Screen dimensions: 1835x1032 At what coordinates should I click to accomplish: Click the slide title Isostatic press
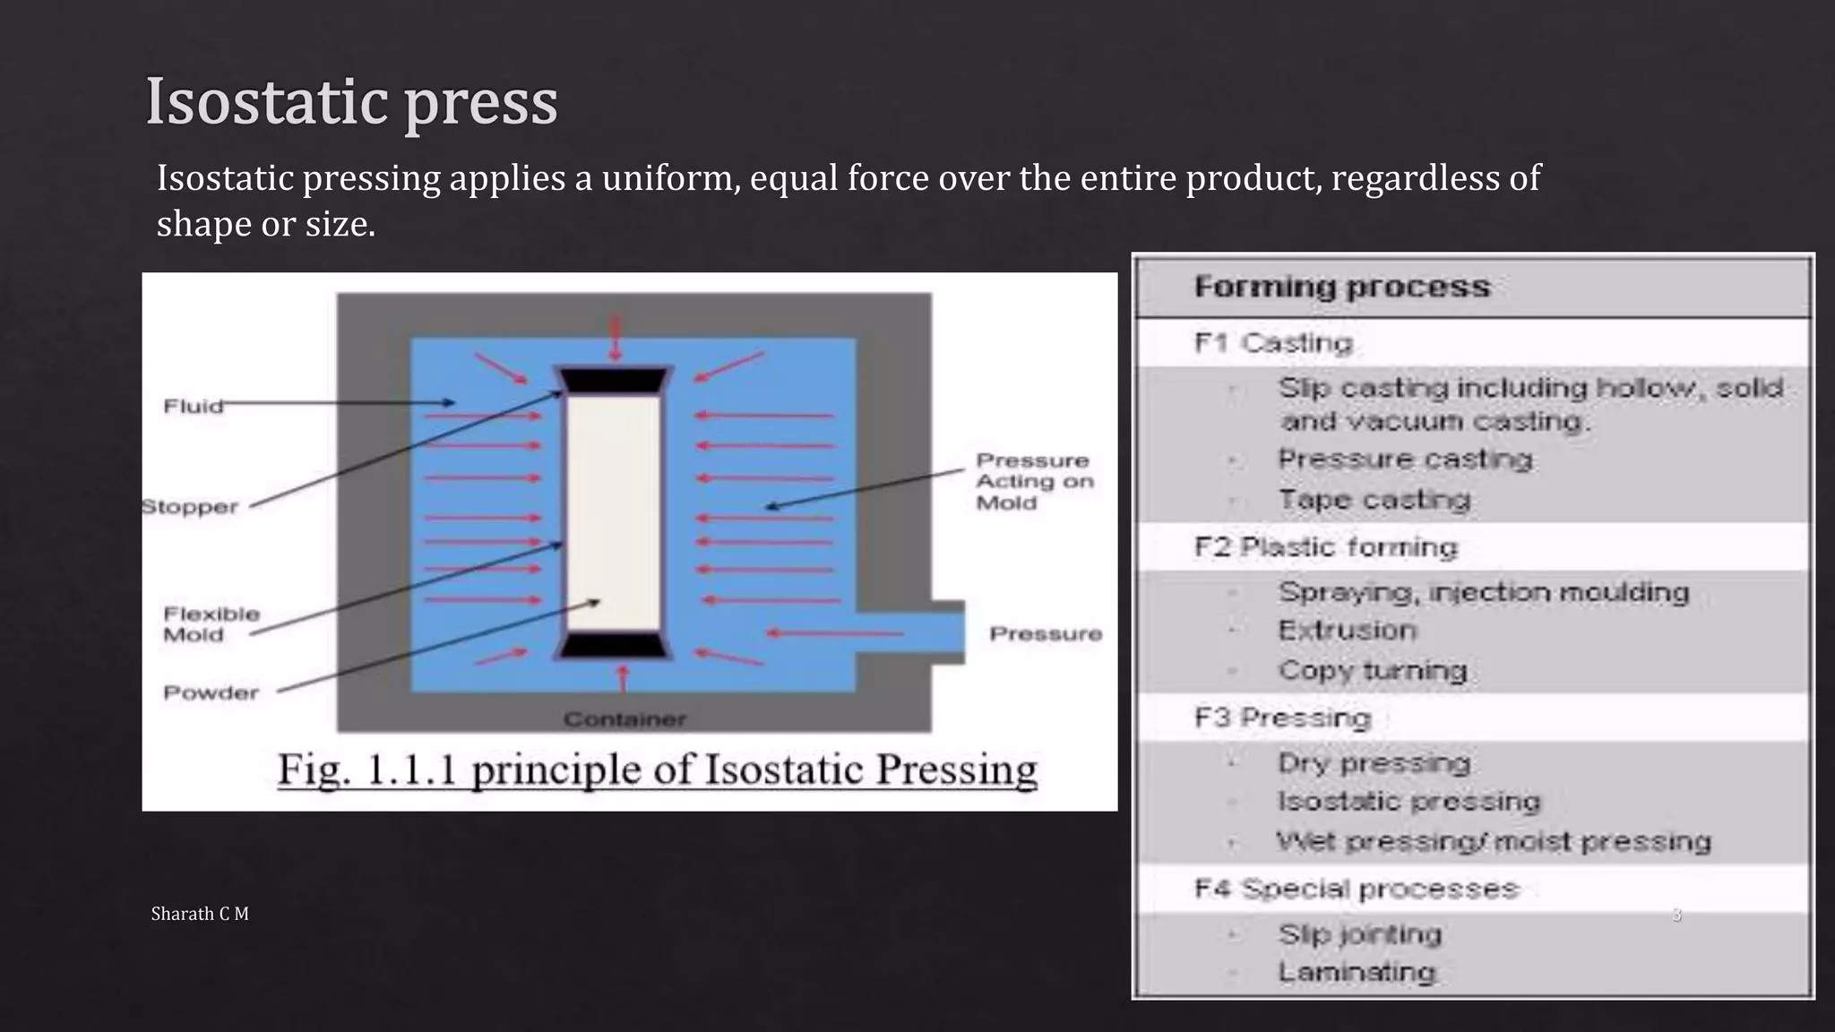pyautogui.click(x=351, y=101)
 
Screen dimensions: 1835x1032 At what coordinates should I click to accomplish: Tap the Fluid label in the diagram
pyautogui.click(x=193, y=407)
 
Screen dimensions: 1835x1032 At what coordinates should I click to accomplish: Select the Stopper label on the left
pyautogui.click(x=190, y=507)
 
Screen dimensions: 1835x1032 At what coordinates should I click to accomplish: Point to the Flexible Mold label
pyautogui.click(x=211, y=624)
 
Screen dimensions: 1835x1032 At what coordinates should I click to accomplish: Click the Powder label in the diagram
pyautogui.click(x=211, y=692)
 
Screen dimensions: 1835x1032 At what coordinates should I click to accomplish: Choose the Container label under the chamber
pyautogui.click(x=625, y=719)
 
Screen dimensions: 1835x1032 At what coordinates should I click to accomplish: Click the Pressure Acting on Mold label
pyautogui.click(x=1034, y=482)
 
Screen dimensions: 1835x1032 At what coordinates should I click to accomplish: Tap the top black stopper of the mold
pyautogui.click(x=614, y=380)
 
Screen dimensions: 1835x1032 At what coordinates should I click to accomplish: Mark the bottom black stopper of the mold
pyautogui.click(x=614, y=646)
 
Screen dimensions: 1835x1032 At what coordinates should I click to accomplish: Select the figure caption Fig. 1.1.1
pyautogui.click(x=657, y=770)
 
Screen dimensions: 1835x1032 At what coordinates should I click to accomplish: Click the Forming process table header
pyautogui.click(x=1341, y=288)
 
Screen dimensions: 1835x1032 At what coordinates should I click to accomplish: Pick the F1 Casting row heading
pyautogui.click(x=1273, y=343)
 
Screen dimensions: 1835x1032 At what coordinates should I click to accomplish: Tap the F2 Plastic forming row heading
pyautogui.click(x=1326, y=547)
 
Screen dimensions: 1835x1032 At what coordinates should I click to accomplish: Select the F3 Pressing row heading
pyautogui.click(x=1282, y=718)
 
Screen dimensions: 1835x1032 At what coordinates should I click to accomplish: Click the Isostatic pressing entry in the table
pyautogui.click(x=1409, y=802)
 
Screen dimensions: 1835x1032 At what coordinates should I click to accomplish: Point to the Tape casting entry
pyautogui.click(x=1374, y=500)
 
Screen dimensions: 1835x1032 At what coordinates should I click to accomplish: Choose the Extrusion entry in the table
pyautogui.click(x=1348, y=631)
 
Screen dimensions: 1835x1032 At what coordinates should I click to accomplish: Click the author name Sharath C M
pyautogui.click(x=200, y=914)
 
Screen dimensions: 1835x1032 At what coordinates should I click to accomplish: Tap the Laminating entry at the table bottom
pyautogui.click(x=1357, y=972)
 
